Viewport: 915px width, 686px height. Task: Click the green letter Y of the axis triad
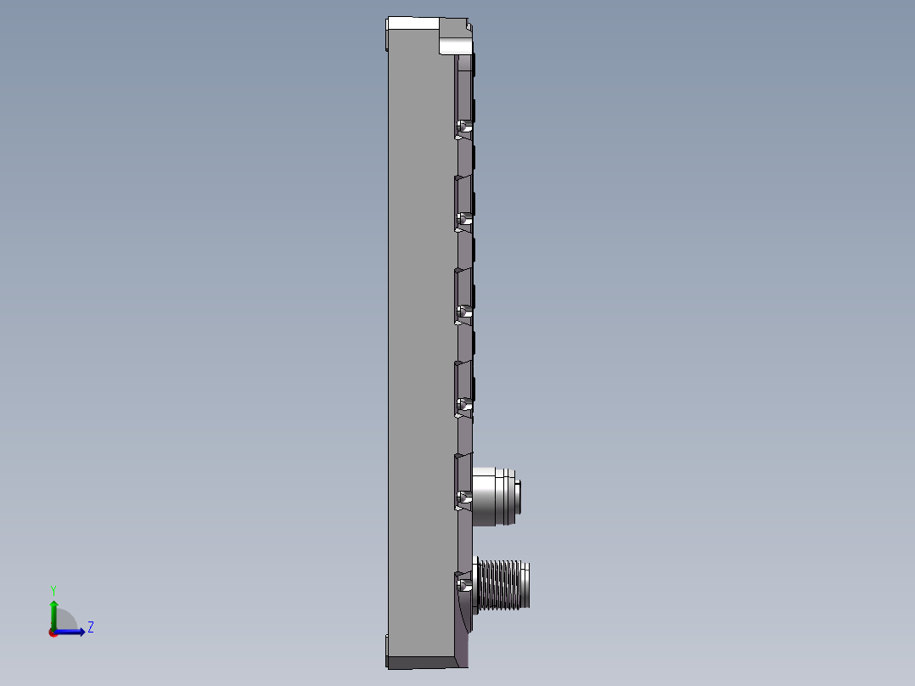tap(53, 589)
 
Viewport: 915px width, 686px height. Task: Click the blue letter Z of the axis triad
tap(90, 627)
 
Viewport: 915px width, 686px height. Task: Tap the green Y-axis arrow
tap(53, 611)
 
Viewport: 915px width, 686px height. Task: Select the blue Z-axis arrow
tap(73, 631)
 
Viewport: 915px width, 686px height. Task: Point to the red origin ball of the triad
tap(53, 632)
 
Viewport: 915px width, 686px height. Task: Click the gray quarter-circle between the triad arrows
tap(66, 621)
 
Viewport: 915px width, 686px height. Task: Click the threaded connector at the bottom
tap(504, 585)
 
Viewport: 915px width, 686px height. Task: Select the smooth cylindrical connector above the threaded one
tap(494, 496)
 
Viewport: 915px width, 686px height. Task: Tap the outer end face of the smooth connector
tap(519, 496)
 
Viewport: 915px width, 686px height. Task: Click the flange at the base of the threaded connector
tap(475, 585)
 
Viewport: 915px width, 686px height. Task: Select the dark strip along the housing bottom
tap(420, 661)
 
